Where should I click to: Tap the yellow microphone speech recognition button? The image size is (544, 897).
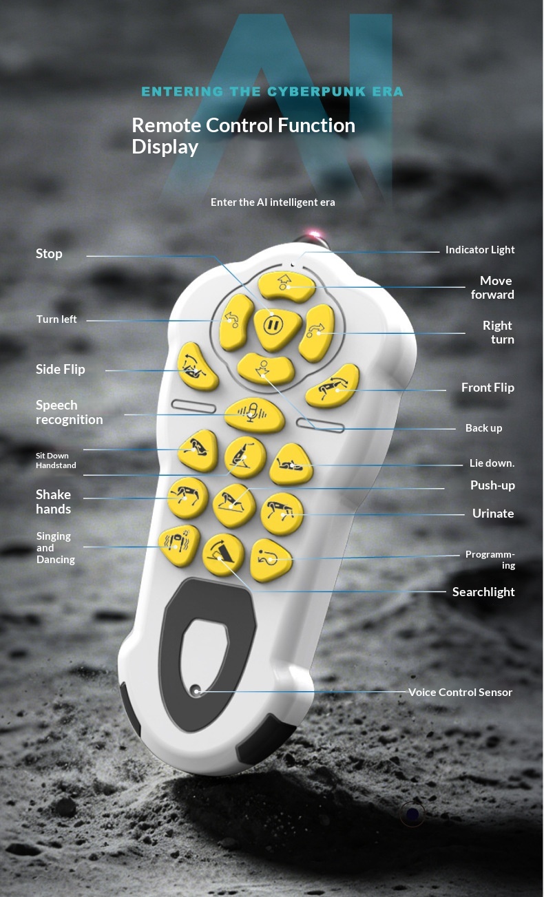pyautogui.click(x=254, y=415)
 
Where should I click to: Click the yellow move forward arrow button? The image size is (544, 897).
pyautogui.click(x=286, y=286)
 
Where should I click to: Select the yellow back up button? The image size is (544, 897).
pyautogui.click(x=266, y=369)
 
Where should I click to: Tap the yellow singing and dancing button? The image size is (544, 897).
pyautogui.click(x=179, y=545)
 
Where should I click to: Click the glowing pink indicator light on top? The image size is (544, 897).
pyautogui.click(x=315, y=234)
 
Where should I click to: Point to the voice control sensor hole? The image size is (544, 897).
pyautogui.click(x=196, y=690)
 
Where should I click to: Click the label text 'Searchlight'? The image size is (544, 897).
pyautogui.click(x=483, y=592)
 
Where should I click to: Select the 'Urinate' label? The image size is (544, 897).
pyautogui.click(x=493, y=514)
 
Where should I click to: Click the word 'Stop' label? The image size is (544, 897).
pyautogui.click(x=49, y=254)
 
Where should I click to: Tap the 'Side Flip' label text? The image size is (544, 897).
pyautogui.click(x=60, y=369)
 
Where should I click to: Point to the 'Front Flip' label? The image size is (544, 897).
pyautogui.click(x=488, y=388)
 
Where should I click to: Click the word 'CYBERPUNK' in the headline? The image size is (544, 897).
pyautogui.click(x=316, y=92)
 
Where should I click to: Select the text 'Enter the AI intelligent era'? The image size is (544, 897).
pyautogui.click(x=273, y=202)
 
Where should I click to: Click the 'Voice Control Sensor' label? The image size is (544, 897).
pyautogui.click(x=460, y=692)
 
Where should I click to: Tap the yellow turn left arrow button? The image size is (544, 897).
pyautogui.click(x=236, y=322)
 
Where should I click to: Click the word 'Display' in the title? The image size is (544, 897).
pyautogui.click(x=165, y=147)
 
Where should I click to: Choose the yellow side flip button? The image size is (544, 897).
pyautogui.click(x=197, y=366)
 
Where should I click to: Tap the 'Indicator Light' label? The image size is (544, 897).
pyautogui.click(x=480, y=250)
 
